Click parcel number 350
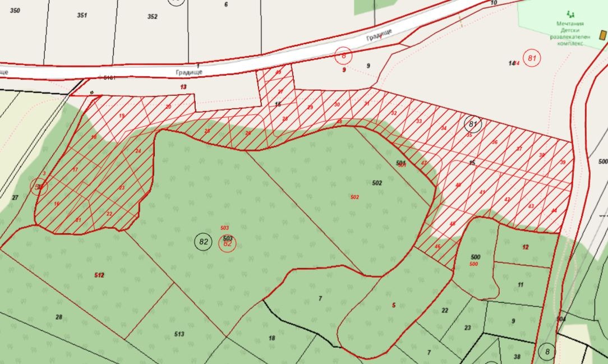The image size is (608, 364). click(15, 11)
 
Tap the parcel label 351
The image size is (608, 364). click(82, 16)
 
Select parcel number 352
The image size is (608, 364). click(152, 17)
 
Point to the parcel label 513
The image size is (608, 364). click(179, 334)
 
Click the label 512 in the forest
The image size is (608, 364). click(99, 275)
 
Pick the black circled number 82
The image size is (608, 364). click(203, 242)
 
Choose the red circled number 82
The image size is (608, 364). click(227, 244)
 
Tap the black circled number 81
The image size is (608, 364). click(473, 124)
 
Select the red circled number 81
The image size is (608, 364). click(532, 58)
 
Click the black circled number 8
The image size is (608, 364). click(546, 352)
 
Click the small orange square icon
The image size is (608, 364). click(603, 35)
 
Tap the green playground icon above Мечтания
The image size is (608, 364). click(571, 14)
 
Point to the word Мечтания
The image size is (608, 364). click(570, 24)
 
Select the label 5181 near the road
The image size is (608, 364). click(107, 78)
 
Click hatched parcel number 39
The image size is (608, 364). click(563, 163)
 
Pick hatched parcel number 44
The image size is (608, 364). click(554, 211)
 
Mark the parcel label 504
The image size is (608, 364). click(561, 319)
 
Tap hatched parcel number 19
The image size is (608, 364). click(122, 116)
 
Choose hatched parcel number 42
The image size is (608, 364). click(507, 200)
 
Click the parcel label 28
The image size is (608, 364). click(59, 317)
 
